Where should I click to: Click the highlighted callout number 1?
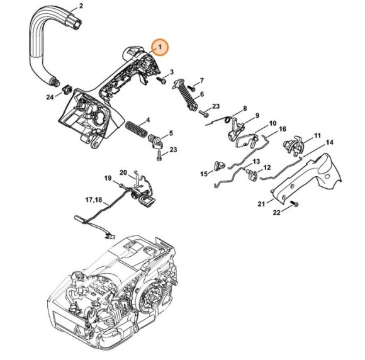coord(160,47)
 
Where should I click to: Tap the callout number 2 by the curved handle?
coord(81,6)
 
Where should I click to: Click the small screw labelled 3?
coord(161,81)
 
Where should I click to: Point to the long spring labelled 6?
coord(187,94)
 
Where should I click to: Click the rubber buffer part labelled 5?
coord(155,142)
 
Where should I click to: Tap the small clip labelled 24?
coord(67,89)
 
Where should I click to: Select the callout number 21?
coord(261,204)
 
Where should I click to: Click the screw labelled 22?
coord(295,204)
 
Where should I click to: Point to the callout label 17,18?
coord(94,200)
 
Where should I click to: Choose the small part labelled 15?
coord(219,165)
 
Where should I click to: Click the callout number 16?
coord(283,129)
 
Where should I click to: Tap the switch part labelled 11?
coord(293,146)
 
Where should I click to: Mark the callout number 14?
coord(329,142)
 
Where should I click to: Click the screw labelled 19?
coord(121,186)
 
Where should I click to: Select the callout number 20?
coord(123,173)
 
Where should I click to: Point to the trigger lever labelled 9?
coord(235,130)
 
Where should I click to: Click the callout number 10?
coord(272,123)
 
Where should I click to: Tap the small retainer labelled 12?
coord(252,174)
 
